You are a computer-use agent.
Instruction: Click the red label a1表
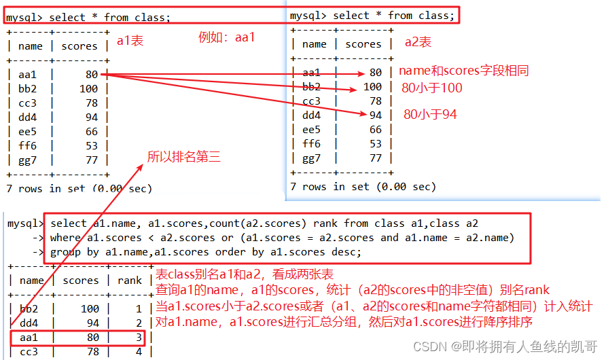[x=130, y=41]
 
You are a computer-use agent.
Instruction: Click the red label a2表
[x=418, y=42]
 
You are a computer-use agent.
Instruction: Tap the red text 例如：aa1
[x=226, y=37]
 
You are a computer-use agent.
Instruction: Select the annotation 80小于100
[x=431, y=88]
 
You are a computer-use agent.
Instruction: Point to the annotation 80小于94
[x=430, y=114]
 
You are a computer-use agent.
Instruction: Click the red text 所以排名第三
[x=184, y=157]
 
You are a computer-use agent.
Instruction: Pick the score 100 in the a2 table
[x=372, y=87]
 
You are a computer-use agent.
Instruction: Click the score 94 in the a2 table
[x=375, y=115]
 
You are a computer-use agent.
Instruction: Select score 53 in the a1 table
[x=91, y=145]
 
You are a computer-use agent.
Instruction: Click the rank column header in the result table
[x=130, y=280]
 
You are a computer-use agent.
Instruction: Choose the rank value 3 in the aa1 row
[x=139, y=337]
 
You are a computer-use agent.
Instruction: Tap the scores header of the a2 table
[x=363, y=44]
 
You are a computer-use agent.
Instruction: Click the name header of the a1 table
[x=31, y=46]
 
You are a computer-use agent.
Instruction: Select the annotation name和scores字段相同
[x=463, y=71]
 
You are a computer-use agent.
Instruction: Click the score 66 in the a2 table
[x=375, y=130]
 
